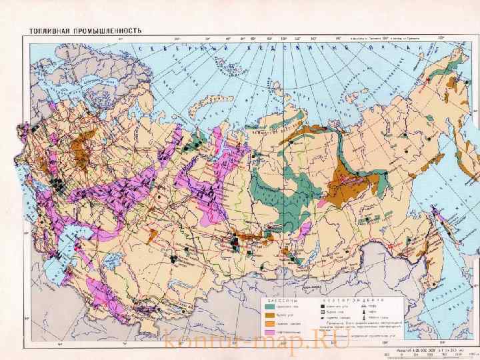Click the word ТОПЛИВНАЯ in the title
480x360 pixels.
(x=48, y=31)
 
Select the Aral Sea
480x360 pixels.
(x=111, y=257)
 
